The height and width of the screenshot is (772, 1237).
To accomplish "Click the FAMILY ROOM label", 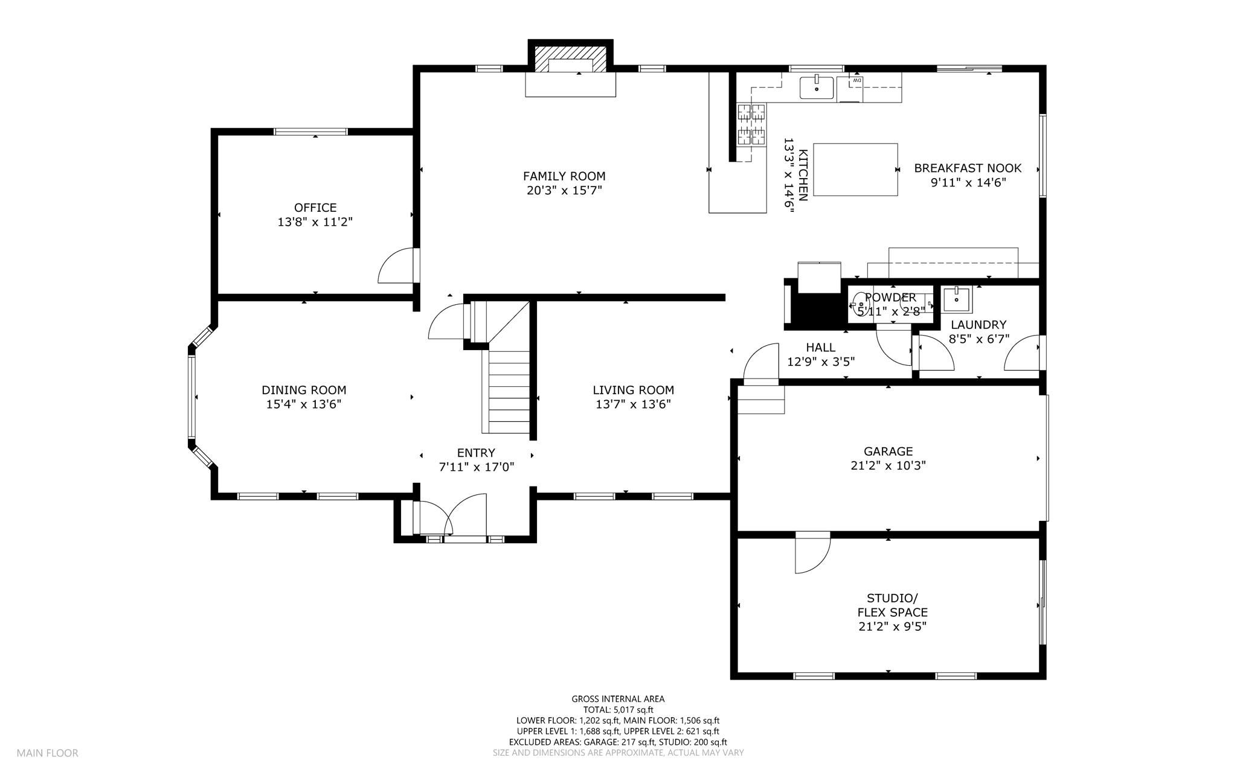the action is point(564,176).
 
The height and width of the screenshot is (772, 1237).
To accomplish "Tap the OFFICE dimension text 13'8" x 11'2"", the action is point(315,222).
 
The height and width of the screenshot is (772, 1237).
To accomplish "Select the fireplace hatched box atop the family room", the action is point(571,59).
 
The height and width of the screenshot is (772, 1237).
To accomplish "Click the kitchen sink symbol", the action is point(817,88).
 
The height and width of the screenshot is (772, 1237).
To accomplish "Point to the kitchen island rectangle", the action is point(855,170).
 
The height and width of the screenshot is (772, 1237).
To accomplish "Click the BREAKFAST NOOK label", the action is point(968,168).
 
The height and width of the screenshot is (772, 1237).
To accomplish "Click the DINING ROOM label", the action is point(304,391).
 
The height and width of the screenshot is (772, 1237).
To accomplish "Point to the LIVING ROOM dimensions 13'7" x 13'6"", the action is point(633,404).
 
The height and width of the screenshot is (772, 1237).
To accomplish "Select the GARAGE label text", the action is point(888,451).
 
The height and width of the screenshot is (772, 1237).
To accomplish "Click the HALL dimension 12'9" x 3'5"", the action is point(821,362).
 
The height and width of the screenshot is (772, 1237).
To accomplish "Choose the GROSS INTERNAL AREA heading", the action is point(618,699).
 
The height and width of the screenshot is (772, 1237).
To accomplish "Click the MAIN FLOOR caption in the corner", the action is point(47,753).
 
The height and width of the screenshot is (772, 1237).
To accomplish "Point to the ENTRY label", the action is point(476,453).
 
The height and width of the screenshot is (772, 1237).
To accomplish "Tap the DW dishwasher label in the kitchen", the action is point(856,80).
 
